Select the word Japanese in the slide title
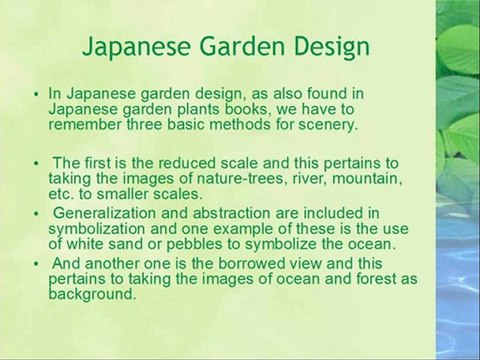tap(127, 47)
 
